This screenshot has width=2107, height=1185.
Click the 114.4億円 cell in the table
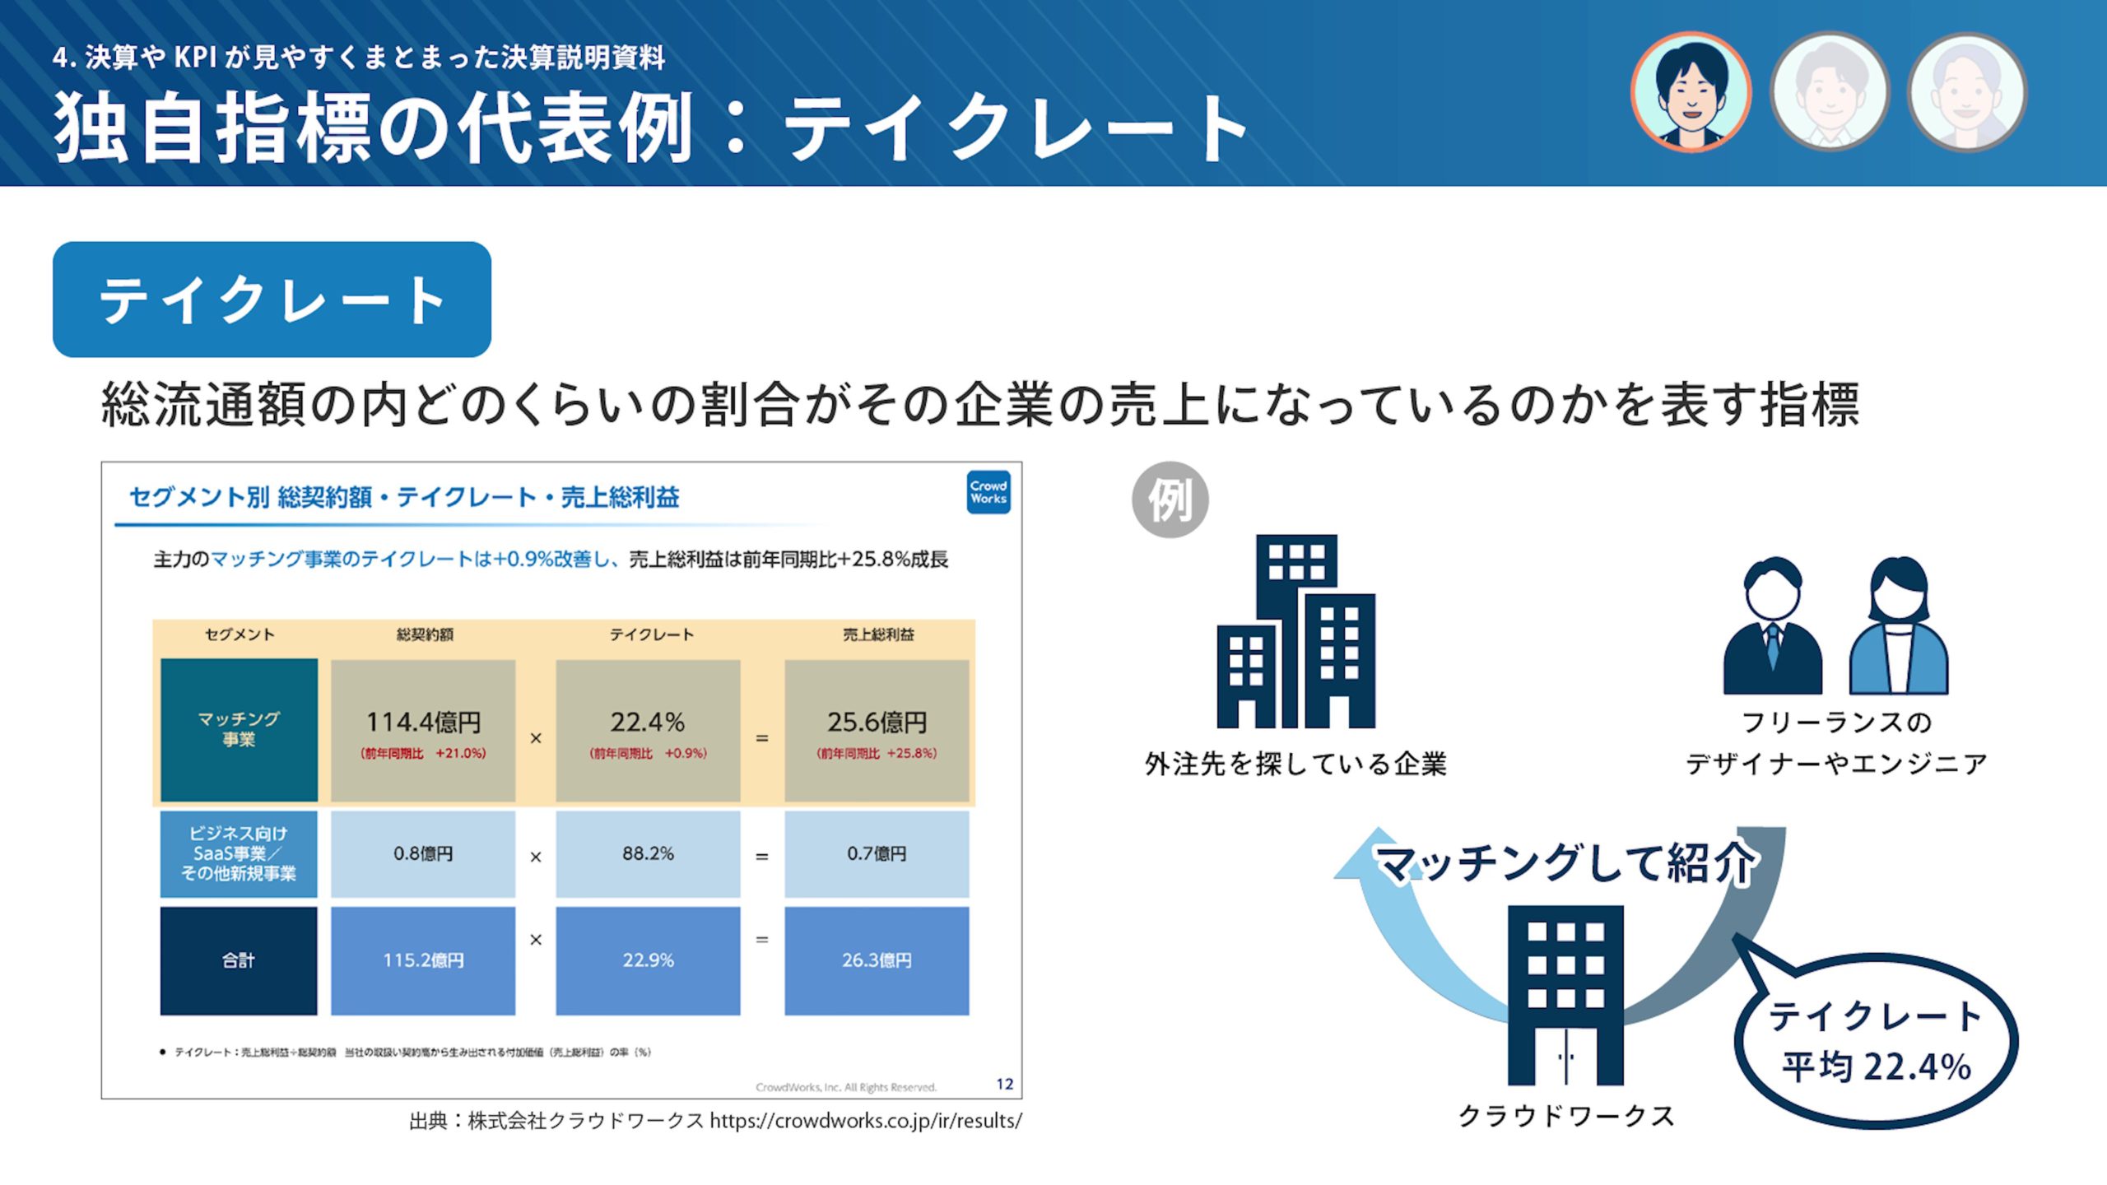(423, 730)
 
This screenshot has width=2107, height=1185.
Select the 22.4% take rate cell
(648, 730)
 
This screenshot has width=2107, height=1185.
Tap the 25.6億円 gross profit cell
(877, 730)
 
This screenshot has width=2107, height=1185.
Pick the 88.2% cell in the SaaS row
(648, 854)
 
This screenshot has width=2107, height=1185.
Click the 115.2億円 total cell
(423, 960)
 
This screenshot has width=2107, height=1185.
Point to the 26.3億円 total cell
(877, 960)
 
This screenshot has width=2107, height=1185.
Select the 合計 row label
(239, 960)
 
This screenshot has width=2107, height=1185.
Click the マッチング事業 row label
(239, 730)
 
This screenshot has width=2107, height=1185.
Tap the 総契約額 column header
(425, 634)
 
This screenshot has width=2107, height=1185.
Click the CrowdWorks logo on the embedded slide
(988, 492)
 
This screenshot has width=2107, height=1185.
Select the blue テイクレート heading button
(272, 300)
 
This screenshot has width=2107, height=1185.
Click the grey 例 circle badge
(1170, 500)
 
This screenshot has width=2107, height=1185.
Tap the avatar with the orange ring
(1691, 92)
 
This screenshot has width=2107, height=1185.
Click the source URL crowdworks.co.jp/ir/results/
(866, 1121)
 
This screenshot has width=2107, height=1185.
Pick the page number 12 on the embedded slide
(1005, 1084)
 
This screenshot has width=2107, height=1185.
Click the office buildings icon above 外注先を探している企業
(1296, 631)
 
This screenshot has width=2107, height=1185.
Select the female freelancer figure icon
(1899, 625)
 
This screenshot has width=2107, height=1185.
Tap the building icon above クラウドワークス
(1565, 995)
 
